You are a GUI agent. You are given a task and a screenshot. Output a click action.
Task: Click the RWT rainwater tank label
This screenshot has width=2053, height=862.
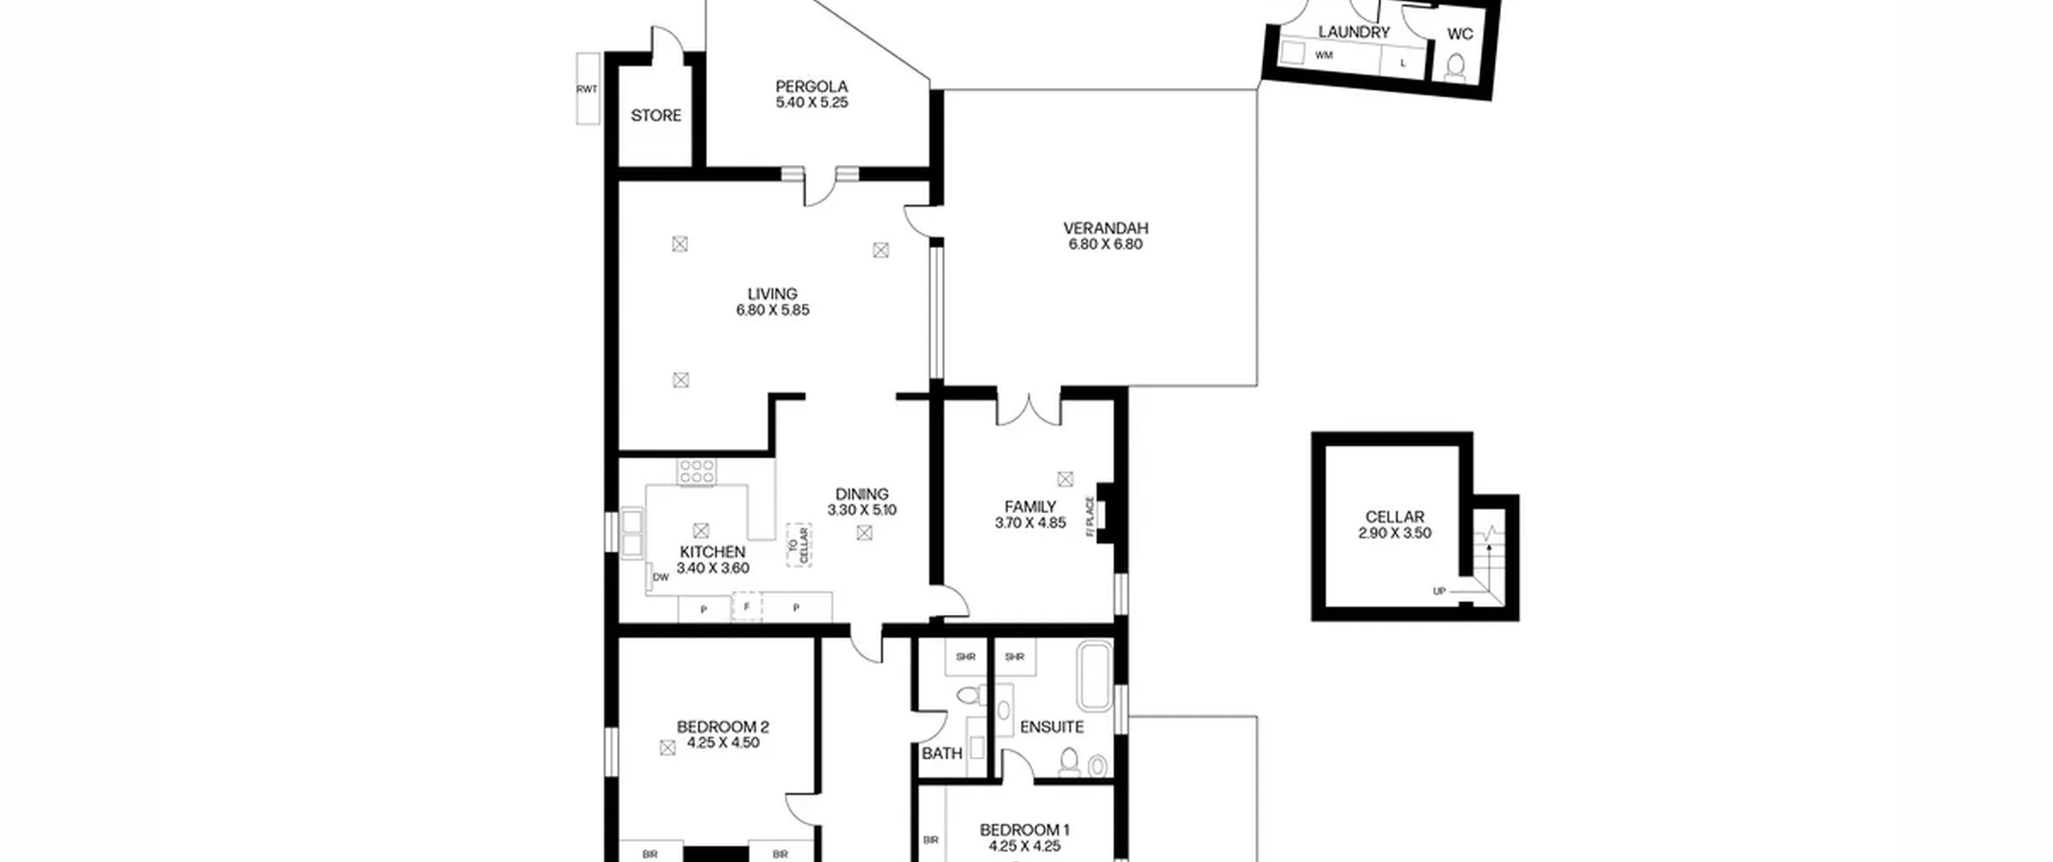pos(587,89)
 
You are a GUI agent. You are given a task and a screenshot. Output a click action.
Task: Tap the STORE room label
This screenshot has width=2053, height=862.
pos(656,115)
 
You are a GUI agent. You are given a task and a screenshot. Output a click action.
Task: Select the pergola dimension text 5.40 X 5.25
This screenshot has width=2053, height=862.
pos(812,103)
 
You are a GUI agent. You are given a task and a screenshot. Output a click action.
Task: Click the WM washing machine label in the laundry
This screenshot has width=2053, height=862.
pos(1323,55)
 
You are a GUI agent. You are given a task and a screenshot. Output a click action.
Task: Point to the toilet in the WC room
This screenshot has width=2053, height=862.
pos(1456,67)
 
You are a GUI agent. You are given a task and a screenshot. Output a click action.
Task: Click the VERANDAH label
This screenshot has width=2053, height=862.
pos(1106,229)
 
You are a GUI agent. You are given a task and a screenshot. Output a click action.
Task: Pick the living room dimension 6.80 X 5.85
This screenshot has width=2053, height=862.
pos(772,310)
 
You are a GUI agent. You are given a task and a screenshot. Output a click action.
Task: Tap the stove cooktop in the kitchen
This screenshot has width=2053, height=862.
pos(696,471)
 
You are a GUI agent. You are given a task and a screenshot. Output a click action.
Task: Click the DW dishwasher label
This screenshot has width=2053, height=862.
pos(661,577)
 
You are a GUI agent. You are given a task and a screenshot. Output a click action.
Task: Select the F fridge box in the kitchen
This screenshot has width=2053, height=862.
pos(747,607)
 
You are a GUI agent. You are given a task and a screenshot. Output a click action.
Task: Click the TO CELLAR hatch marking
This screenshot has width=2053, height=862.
pos(799,545)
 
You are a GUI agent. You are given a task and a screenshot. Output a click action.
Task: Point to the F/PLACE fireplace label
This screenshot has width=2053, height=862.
pos(1090,516)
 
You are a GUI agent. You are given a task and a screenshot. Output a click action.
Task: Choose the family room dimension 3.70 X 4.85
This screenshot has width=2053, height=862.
pos(1030,523)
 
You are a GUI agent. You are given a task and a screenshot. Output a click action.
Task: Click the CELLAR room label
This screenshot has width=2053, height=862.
pos(1395,517)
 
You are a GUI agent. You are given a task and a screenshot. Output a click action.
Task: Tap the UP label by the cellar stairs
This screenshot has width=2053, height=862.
pos(1440,592)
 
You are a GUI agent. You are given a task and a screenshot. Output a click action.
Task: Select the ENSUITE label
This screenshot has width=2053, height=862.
pos(1051,727)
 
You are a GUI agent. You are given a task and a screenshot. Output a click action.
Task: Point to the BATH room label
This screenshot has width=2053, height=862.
pos(942,754)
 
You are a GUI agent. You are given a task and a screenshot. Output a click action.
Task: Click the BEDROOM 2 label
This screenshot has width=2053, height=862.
pos(723,727)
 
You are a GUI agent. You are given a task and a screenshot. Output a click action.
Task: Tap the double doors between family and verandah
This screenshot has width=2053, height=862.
pos(1029,407)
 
